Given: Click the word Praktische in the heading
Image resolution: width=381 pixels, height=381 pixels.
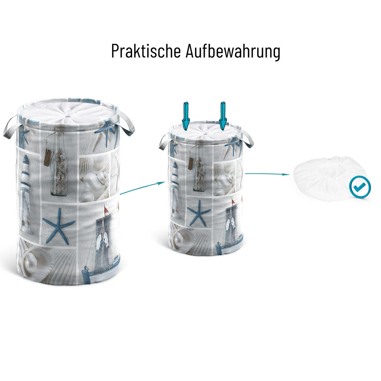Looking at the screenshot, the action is [x=146, y=51].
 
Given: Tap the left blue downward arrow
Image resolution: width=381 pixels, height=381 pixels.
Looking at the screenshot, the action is [x=186, y=116].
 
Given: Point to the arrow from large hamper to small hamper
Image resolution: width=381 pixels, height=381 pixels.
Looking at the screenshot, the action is [x=142, y=188].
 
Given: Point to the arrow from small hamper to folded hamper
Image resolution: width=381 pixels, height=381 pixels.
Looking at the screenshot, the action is [x=267, y=174].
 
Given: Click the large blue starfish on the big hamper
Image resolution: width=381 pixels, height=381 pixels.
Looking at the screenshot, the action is [x=59, y=226].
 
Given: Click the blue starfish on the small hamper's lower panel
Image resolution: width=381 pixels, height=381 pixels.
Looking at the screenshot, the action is [x=198, y=213].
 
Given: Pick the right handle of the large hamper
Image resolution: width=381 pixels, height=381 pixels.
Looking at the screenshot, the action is [x=127, y=123].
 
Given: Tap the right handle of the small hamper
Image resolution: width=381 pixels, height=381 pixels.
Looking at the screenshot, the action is [x=248, y=139].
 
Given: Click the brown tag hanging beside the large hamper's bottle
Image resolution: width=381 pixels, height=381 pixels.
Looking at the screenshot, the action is [x=47, y=157].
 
